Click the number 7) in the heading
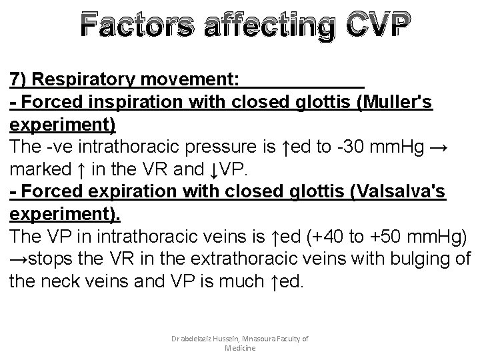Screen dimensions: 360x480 [18, 79]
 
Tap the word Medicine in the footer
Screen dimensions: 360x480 [240, 348]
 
